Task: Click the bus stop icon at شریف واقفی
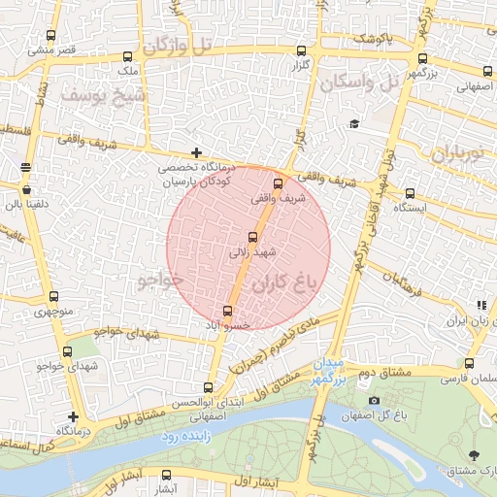coord(279,182)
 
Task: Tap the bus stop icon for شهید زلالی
coord(253,236)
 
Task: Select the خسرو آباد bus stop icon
coord(228,312)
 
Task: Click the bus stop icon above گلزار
coord(300,50)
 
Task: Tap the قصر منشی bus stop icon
coord(51,32)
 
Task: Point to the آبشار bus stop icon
coord(167,476)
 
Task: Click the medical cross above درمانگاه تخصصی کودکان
coord(197,152)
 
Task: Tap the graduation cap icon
coord(354,123)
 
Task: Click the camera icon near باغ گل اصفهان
coord(375,401)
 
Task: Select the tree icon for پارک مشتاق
coord(474,455)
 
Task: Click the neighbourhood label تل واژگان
coord(175,45)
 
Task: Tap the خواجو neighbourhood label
coord(160,281)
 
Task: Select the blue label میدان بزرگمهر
coord(328,372)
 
